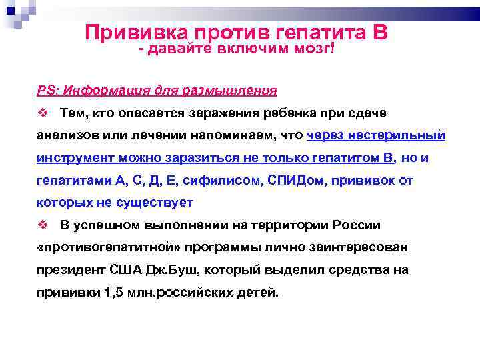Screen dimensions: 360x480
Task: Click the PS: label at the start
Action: tap(47, 90)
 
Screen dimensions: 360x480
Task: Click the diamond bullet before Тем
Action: tap(41, 113)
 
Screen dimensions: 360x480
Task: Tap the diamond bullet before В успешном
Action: tap(41, 225)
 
